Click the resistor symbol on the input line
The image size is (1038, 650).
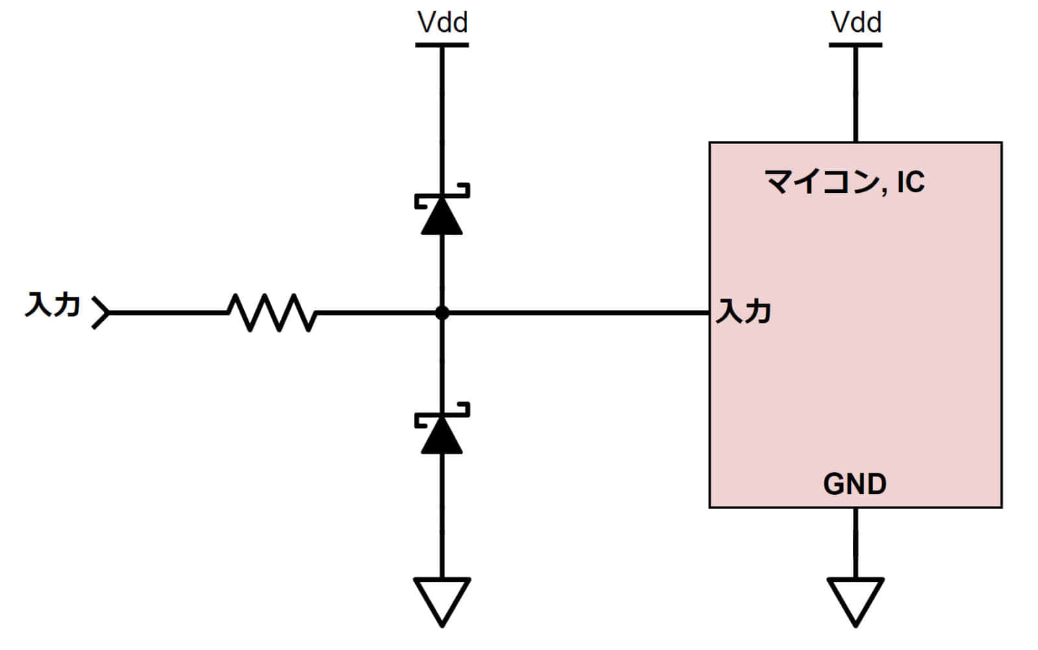[x=272, y=312]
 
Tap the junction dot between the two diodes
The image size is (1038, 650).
[x=442, y=313]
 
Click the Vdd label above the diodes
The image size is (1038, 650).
[x=442, y=23]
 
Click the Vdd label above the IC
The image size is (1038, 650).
[x=856, y=23]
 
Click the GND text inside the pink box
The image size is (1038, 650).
[x=854, y=484]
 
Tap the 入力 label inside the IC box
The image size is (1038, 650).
[x=743, y=312]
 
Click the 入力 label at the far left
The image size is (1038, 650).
[x=52, y=305]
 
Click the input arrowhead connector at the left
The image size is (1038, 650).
[x=101, y=313]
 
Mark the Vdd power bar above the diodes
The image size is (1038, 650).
[x=442, y=45]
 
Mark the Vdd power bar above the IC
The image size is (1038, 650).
[x=855, y=45]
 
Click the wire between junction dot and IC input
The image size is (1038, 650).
[x=577, y=313]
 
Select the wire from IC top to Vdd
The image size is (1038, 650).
[x=855, y=94]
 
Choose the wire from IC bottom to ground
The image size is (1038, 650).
[x=855, y=543]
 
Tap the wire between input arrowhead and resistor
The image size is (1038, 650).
[x=169, y=313]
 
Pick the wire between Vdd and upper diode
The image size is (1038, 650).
[x=442, y=117]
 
